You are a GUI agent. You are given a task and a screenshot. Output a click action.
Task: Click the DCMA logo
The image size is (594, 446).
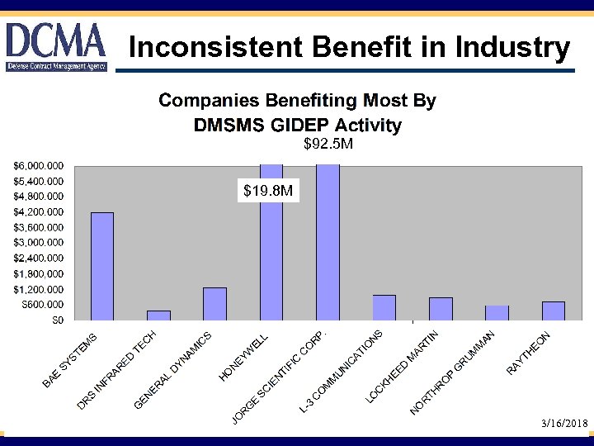tap(55, 46)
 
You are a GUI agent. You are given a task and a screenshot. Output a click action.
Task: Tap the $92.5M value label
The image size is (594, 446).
tap(328, 145)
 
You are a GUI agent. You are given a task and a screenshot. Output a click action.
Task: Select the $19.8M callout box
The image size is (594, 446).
tap(267, 192)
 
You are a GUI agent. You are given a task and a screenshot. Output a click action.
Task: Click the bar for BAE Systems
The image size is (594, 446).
tap(102, 266)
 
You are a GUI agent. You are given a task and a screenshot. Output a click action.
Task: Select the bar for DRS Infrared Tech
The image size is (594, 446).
tap(158, 315)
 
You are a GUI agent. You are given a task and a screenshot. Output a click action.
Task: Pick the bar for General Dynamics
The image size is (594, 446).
tap(214, 303)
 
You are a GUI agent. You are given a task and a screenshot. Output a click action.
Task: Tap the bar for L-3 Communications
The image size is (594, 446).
tap(384, 307)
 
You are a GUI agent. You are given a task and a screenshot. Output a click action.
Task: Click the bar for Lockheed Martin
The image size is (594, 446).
tap(441, 308)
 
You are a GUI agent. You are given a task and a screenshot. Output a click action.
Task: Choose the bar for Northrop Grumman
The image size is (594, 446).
tap(497, 312)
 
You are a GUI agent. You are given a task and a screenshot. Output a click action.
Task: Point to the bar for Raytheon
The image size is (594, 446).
tap(554, 311)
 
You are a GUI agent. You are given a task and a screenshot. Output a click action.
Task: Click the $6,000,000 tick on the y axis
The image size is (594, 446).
tap(39, 166)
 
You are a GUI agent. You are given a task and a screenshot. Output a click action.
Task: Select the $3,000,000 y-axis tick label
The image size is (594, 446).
tap(39, 243)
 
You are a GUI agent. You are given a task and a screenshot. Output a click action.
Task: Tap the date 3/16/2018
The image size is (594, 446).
tap(564, 423)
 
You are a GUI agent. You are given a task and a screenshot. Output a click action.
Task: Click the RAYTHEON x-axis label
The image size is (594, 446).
tap(529, 352)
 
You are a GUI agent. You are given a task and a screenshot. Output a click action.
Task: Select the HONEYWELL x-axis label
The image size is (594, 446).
tap(244, 358)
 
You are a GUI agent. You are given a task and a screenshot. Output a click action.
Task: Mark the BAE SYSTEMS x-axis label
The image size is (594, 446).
tap(70, 360)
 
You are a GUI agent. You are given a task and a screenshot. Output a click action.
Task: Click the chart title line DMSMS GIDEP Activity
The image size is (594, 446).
tap(297, 126)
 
